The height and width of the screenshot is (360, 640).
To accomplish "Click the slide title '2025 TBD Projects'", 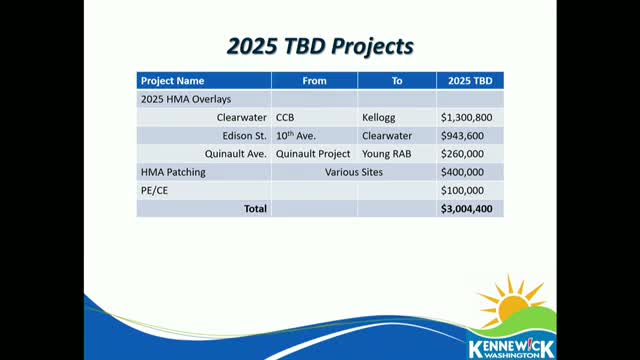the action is pyautogui.click(x=320, y=46).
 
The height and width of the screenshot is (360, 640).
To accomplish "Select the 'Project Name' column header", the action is pyautogui.click(x=172, y=81).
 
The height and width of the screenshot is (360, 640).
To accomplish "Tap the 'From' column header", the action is pyautogui.click(x=314, y=81).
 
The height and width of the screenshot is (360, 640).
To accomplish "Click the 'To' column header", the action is pyautogui.click(x=397, y=81).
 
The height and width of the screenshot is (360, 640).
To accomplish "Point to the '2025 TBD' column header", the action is pyautogui.click(x=470, y=81).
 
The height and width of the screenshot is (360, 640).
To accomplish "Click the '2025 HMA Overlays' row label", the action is pyautogui.click(x=186, y=99).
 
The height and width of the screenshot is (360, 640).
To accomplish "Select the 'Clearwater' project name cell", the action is pyautogui.click(x=242, y=118).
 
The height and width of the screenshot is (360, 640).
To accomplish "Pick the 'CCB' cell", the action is pyautogui.click(x=285, y=118).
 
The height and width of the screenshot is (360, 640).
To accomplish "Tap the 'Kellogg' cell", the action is pyautogui.click(x=378, y=118).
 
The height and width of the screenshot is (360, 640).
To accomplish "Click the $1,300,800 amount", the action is pyautogui.click(x=466, y=118).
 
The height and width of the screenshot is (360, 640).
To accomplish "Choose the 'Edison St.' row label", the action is pyautogui.click(x=244, y=136).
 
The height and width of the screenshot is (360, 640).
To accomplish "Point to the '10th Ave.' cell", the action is pyautogui.click(x=296, y=136).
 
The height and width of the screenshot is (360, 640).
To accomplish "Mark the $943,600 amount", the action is pyautogui.click(x=462, y=136).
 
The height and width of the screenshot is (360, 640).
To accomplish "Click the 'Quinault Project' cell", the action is pyautogui.click(x=313, y=154).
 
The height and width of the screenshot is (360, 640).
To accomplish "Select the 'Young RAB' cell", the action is pyautogui.click(x=387, y=154).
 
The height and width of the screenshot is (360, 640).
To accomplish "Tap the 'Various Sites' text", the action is pyautogui.click(x=354, y=172).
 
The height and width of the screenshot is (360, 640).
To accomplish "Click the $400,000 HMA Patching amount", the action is pyautogui.click(x=462, y=172).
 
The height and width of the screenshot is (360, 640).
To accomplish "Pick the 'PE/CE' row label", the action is pyautogui.click(x=154, y=191).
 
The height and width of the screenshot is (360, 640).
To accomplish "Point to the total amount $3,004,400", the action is pyautogui.click(x=466, y=209).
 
